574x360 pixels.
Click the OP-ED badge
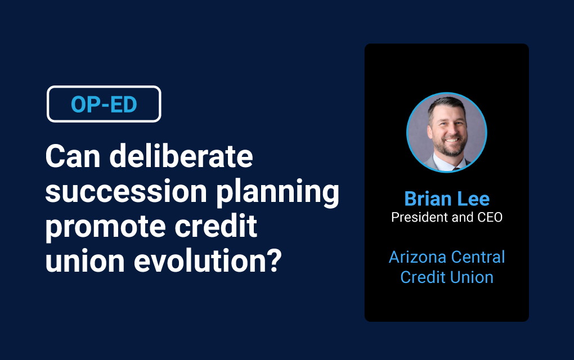click(x=104, y=104)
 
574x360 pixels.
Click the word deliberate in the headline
click(x=181, y=156)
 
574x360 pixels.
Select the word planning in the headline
click(x=278, y=193)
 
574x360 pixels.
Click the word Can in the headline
click(x=73, y=156)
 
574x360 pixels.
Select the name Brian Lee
click(x=447, y=199)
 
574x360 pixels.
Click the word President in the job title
click(x=419, y=217)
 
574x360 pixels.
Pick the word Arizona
click(x=415, y=257)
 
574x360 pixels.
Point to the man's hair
click(x=446, y=104)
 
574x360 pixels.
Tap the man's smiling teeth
click(x=452, y=139)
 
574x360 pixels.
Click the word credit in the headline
click(x=216, y=226)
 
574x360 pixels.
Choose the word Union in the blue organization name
click(x=472, y=277)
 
